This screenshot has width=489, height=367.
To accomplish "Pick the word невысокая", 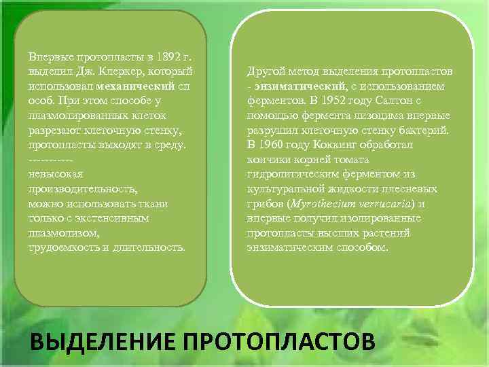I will coord(56,175).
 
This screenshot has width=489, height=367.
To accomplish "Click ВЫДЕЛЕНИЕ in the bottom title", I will coord(103,340).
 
